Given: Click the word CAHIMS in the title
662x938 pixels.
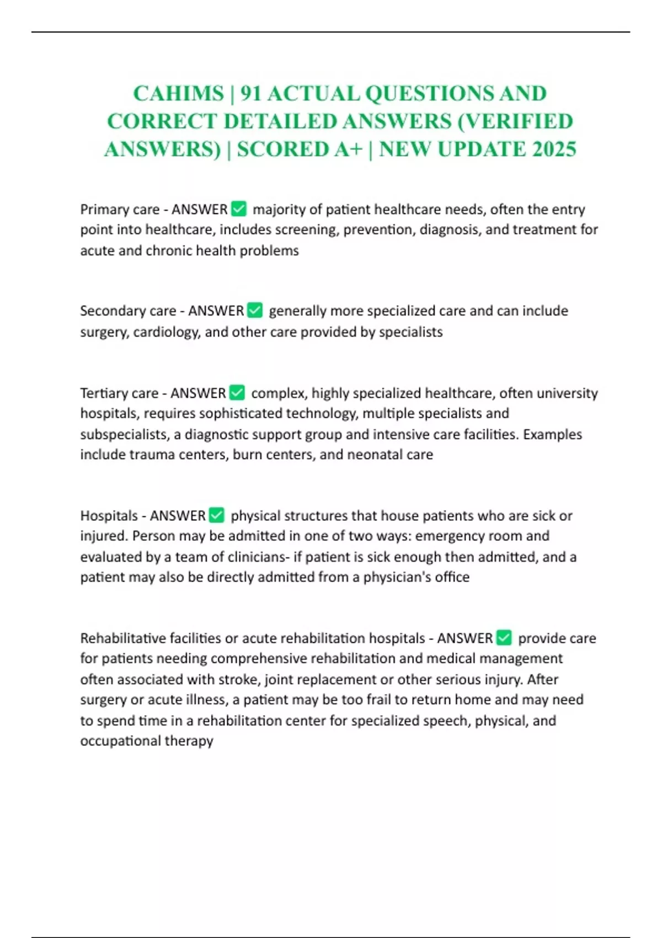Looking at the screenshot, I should pyautogui.click(x=178, y=94).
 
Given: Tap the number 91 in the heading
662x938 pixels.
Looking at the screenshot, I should pyautogui.click(x=250, y=94).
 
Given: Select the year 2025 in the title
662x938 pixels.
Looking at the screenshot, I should pyautogui.click(x=554, y=149).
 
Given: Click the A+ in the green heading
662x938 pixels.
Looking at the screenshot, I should pyautogui.click(x=348, y=149).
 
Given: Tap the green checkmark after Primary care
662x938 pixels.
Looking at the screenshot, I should pyautogui.click(x=239, y=209).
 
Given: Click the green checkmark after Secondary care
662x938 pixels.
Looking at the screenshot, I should pyautogui.click(x=255, y=310).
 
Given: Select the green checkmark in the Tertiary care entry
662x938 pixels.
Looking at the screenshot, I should pyautogui.click(x=237, y=392).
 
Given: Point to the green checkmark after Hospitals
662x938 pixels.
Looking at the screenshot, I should pyautogui.click(x=217, y=515).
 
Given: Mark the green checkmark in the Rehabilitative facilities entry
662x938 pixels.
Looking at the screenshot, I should pyautogui.click(x=504, y=637).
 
